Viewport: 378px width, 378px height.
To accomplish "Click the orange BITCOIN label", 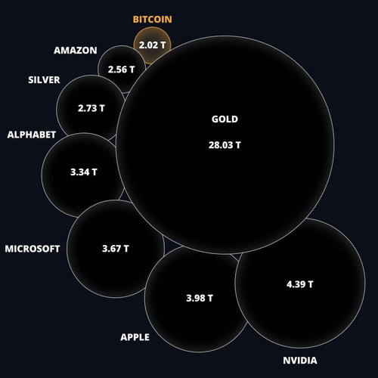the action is click(153, 20).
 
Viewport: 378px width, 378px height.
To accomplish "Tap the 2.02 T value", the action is click(152, 45).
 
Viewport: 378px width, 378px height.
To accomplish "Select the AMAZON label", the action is click(76, 51).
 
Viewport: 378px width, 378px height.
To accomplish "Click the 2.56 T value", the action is click(121, 70).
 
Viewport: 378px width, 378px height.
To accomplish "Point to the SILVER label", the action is click(44, 80).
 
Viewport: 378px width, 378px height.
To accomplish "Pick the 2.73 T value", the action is click(91, 108).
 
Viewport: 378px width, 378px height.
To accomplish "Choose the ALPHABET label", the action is click(32, 135).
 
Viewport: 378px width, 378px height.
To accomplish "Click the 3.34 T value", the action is click(84, 172).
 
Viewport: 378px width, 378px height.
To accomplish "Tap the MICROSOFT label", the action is click(33, 249).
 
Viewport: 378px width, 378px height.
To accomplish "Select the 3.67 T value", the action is click(116, 249).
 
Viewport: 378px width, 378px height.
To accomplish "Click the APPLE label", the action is click(135, 337).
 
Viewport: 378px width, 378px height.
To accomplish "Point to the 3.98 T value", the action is click(200, 298).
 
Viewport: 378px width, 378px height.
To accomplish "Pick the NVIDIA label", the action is click(300, 361).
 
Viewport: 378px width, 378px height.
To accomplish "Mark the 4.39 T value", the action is click(300, 284).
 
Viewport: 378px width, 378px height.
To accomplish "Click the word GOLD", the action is click(225, 119).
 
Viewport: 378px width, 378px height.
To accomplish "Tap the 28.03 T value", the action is click(225, 145).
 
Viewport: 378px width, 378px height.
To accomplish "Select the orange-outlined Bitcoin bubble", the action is click(152, 36).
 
